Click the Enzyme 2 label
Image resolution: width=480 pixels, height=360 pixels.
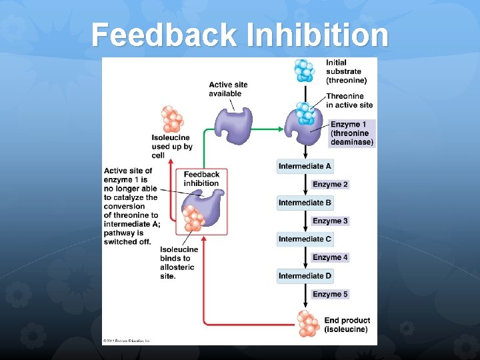click(x=330, y=184)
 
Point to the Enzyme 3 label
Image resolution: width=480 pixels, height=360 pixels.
click(x=330, y=221)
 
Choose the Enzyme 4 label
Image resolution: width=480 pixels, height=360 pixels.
click(x=330, y=257)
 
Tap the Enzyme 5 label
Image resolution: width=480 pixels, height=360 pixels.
click(x=330, y=294)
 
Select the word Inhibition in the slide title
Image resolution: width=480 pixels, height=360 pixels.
click(x=317, y=35)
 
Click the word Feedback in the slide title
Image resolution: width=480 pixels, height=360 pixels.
click(x=164, y=35)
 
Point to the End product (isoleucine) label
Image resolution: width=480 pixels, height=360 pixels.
click(x=347, y=325)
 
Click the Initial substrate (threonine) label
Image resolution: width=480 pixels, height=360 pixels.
click(x=346, y=71)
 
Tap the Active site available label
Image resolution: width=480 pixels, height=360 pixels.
click(x=228, y=89)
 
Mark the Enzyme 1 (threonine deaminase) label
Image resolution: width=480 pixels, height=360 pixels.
click(x=352, y=133)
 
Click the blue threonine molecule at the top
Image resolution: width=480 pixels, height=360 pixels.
click(x=305, y=70)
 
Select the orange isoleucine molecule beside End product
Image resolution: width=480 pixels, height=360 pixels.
click(x=308, y=323)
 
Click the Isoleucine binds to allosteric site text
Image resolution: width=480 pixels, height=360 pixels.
click(x=178, y=263)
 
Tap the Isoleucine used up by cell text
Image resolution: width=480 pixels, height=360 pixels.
click(x=171, y=147)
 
